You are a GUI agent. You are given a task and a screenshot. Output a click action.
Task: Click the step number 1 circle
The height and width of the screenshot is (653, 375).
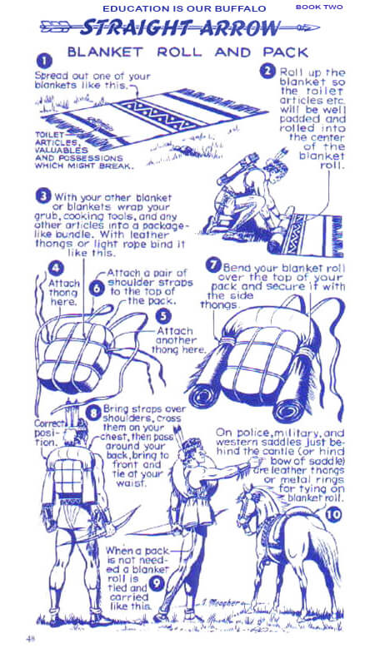tap(45, 62)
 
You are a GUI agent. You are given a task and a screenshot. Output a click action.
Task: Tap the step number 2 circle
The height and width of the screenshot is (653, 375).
tap(267, 72)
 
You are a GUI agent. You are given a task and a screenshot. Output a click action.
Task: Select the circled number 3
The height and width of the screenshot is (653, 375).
tap(43, 196)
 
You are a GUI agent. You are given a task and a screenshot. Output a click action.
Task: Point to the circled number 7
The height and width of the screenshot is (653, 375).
tap(213, 265)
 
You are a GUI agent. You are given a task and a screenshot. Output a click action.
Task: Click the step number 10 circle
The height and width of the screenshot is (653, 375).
tap(333, 515)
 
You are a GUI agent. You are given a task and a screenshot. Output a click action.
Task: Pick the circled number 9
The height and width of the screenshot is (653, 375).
tap(157, 582)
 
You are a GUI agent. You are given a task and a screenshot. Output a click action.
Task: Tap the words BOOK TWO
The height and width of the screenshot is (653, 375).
tap(319, 7)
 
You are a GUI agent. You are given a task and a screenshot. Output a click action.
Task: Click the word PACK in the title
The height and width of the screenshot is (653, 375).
tap(286, 52)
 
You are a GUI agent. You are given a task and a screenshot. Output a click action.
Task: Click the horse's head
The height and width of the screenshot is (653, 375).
tap(248, 507)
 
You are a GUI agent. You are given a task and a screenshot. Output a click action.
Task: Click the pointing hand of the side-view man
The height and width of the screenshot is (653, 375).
tap(255, 461)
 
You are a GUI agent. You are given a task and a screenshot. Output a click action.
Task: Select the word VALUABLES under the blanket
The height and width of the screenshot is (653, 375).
tap(62, 151)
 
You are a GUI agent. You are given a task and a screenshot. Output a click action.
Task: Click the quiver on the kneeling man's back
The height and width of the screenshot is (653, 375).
tap(237, 168)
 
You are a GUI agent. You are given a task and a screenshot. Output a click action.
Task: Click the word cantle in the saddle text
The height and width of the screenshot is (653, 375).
tap(296, 452)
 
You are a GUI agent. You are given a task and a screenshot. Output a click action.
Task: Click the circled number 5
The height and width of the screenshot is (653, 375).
tap(163, 316)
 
